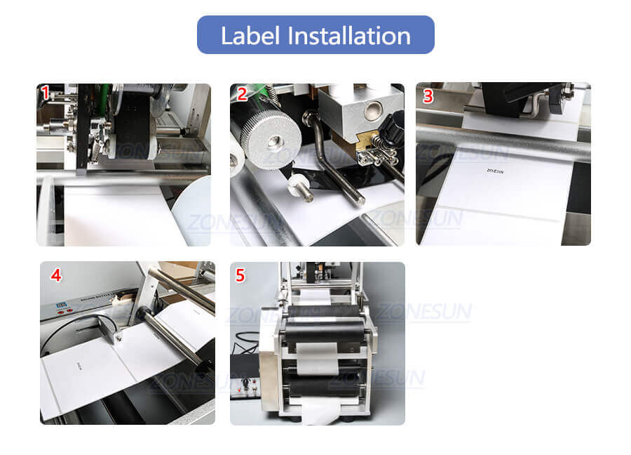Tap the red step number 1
pos(46,93)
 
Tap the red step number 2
pos(241,93)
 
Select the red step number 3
pos(427,96)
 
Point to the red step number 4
pos(55,276)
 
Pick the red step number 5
pos(240,276)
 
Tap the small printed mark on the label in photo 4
pos(78,366)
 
